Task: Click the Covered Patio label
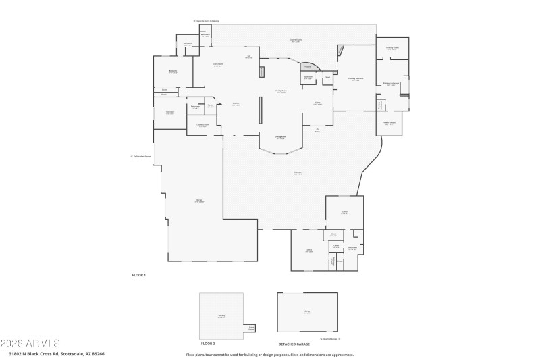pos(295,41)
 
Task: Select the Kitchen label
pos(236,104)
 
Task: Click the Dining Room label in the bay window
pos(280,138)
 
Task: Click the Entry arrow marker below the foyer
pos(317,130)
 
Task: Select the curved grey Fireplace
pos(309,67)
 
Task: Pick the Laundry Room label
pos(202,125)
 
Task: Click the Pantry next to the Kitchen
pos(211,106)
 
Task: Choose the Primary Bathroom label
pos(392,84)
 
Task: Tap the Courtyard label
pos(298,173)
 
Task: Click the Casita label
pos(344,212)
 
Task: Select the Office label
pos(309,251)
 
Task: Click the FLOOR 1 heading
pos(138,275)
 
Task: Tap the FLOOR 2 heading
pos(208,344)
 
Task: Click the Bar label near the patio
pos(248,57)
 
